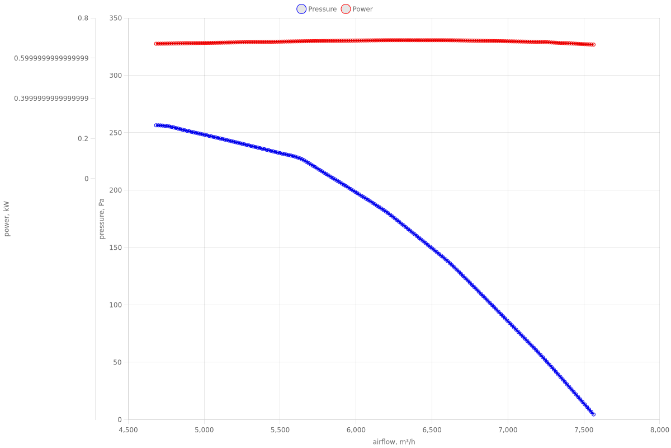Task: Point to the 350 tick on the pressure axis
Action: pyautogui.click(x=116, y=18)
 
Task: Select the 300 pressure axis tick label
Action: pyautogui.click(x=116, y=76)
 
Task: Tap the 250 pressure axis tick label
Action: pyautogui.click(x=116, y=133)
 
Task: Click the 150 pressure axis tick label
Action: pyautogui.click(x=116, y=248)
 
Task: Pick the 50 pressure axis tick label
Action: pyautogui.click(x=117, y=362)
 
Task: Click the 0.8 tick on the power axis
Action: pyautogui.click(x=83, y=18)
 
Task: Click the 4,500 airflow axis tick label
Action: pyautogui.click(x=128, y=430)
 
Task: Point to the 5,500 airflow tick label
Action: pyautogui.click(x=280, y=430)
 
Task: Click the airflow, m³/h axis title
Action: pyautogui.click(x=394, y=442)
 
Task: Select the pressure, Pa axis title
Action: pyautogui.click(x=102, y=219)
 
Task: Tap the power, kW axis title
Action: pyautogui.click(x=7, y=219)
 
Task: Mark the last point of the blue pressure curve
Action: pyautogui.click(x=593, y=414)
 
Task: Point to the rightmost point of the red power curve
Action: pyautogui.click(x=593, y=45)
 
